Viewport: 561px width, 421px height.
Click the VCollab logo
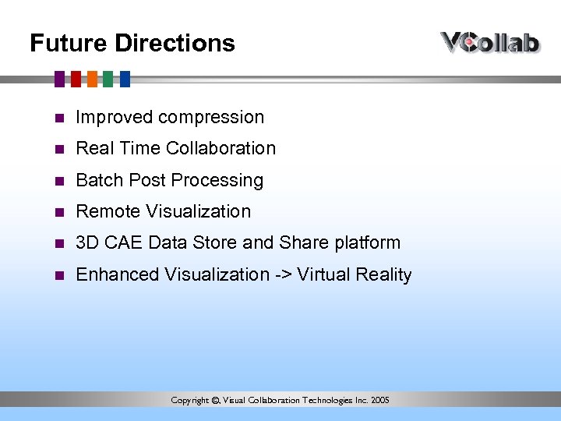[490, 42]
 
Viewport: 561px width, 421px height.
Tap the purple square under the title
[60, 79]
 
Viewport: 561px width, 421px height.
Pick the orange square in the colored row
[92, 79]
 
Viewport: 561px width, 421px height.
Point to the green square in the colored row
[108, 79]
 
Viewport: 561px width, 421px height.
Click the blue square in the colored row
[125, 79]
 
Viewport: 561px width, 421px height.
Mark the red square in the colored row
[76, 79]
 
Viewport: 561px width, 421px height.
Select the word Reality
[383, 275]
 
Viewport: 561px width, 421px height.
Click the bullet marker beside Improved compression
[58, 119]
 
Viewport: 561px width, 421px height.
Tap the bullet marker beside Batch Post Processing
[58, 181]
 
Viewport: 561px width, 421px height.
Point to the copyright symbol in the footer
[215, 401]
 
